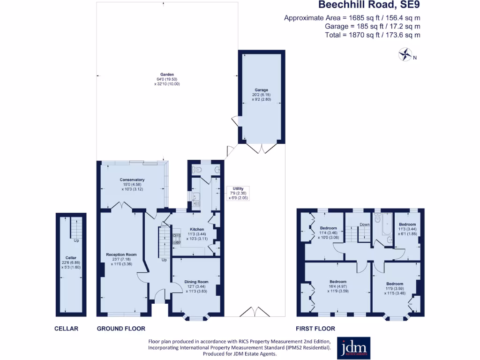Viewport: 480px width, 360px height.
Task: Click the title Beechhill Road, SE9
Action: [369, 6]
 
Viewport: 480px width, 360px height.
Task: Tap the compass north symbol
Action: [405, 55]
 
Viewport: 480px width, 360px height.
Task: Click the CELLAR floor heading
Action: [66, 329]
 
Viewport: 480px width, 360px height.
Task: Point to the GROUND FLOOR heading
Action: [121, 329]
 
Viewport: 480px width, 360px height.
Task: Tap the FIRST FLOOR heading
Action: [315, 329]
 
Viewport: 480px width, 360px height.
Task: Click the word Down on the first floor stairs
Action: [364, 225]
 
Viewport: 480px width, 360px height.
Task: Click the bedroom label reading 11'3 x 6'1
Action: [407, 228]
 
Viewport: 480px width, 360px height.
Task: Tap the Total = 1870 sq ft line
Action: [373, 35]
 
